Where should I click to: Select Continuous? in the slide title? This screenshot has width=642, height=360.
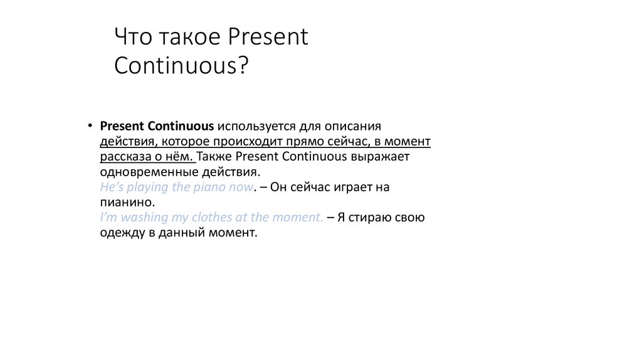coord(181,66)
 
